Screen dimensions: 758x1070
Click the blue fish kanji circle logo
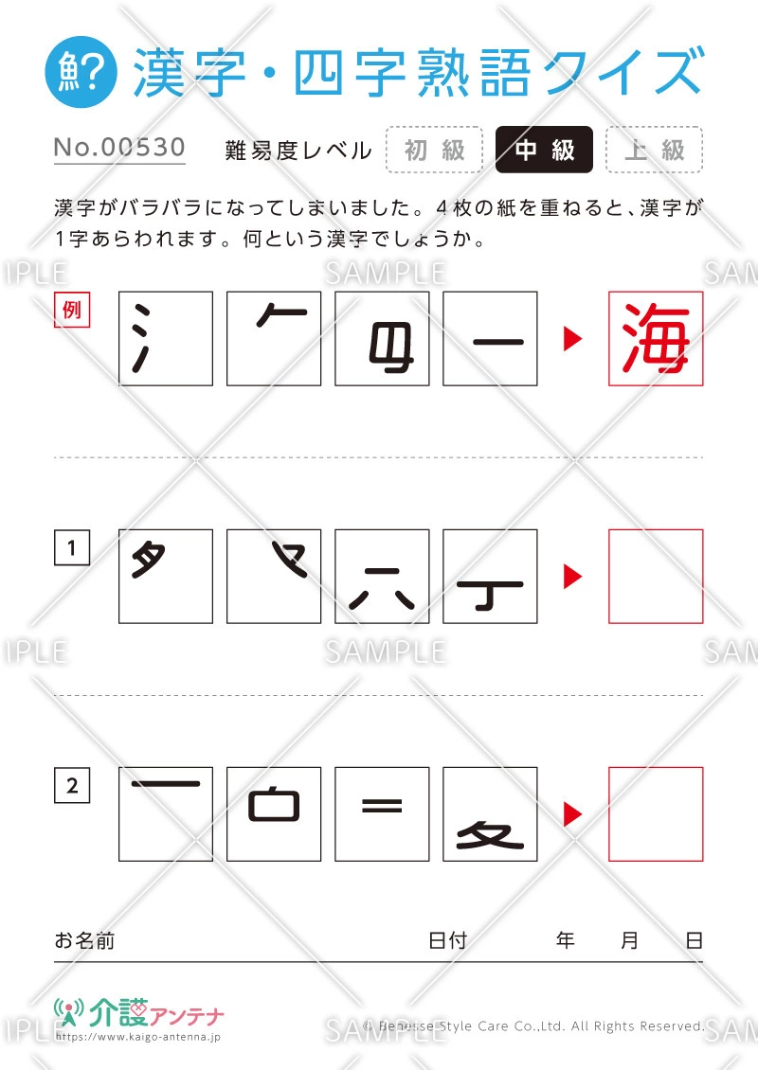click(x=81, y=72)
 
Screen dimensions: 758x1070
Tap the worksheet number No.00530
click(x=119, y=148)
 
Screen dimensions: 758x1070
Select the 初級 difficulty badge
click(x=434, y=150)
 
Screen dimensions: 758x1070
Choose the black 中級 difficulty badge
click(x=544, y=150)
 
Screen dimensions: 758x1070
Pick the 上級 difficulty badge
click(x=654, y=150)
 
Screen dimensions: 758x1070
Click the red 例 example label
click(x=72, y=310)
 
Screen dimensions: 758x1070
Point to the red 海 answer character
click(x=656, y=338)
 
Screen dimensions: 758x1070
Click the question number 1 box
click(x=72, y=547)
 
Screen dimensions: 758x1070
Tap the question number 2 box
click(x=72, y=785)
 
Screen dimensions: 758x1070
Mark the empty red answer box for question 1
click(x=656, y=576)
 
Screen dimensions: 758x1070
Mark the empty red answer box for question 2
click(x=656, y=813)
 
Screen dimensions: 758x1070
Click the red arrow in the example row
click(x=572, y=338)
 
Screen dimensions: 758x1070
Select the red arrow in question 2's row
click(x=572, y=813)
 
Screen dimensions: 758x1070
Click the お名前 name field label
click(x=84, y=940)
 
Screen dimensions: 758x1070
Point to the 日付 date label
click(x=447, y=940)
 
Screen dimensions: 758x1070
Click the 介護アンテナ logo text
click(x=156, y=1012)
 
